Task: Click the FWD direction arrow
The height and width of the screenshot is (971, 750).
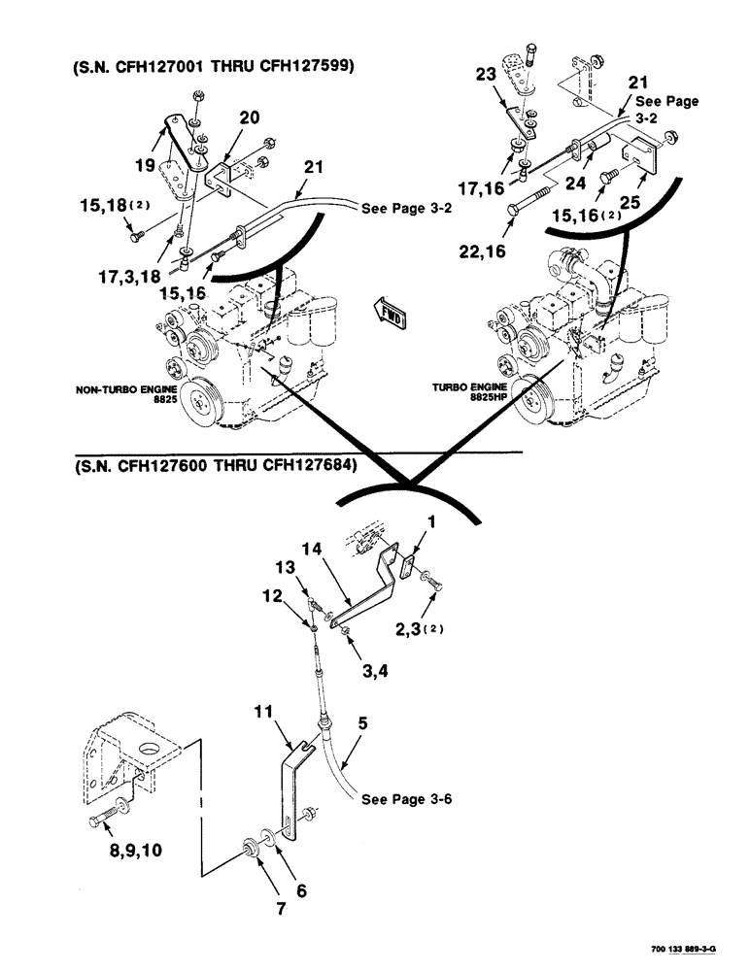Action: tap(388, 313)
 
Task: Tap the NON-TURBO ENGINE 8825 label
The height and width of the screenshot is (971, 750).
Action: tap(117, 395)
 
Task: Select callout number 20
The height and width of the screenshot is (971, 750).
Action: tap(249, 117)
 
